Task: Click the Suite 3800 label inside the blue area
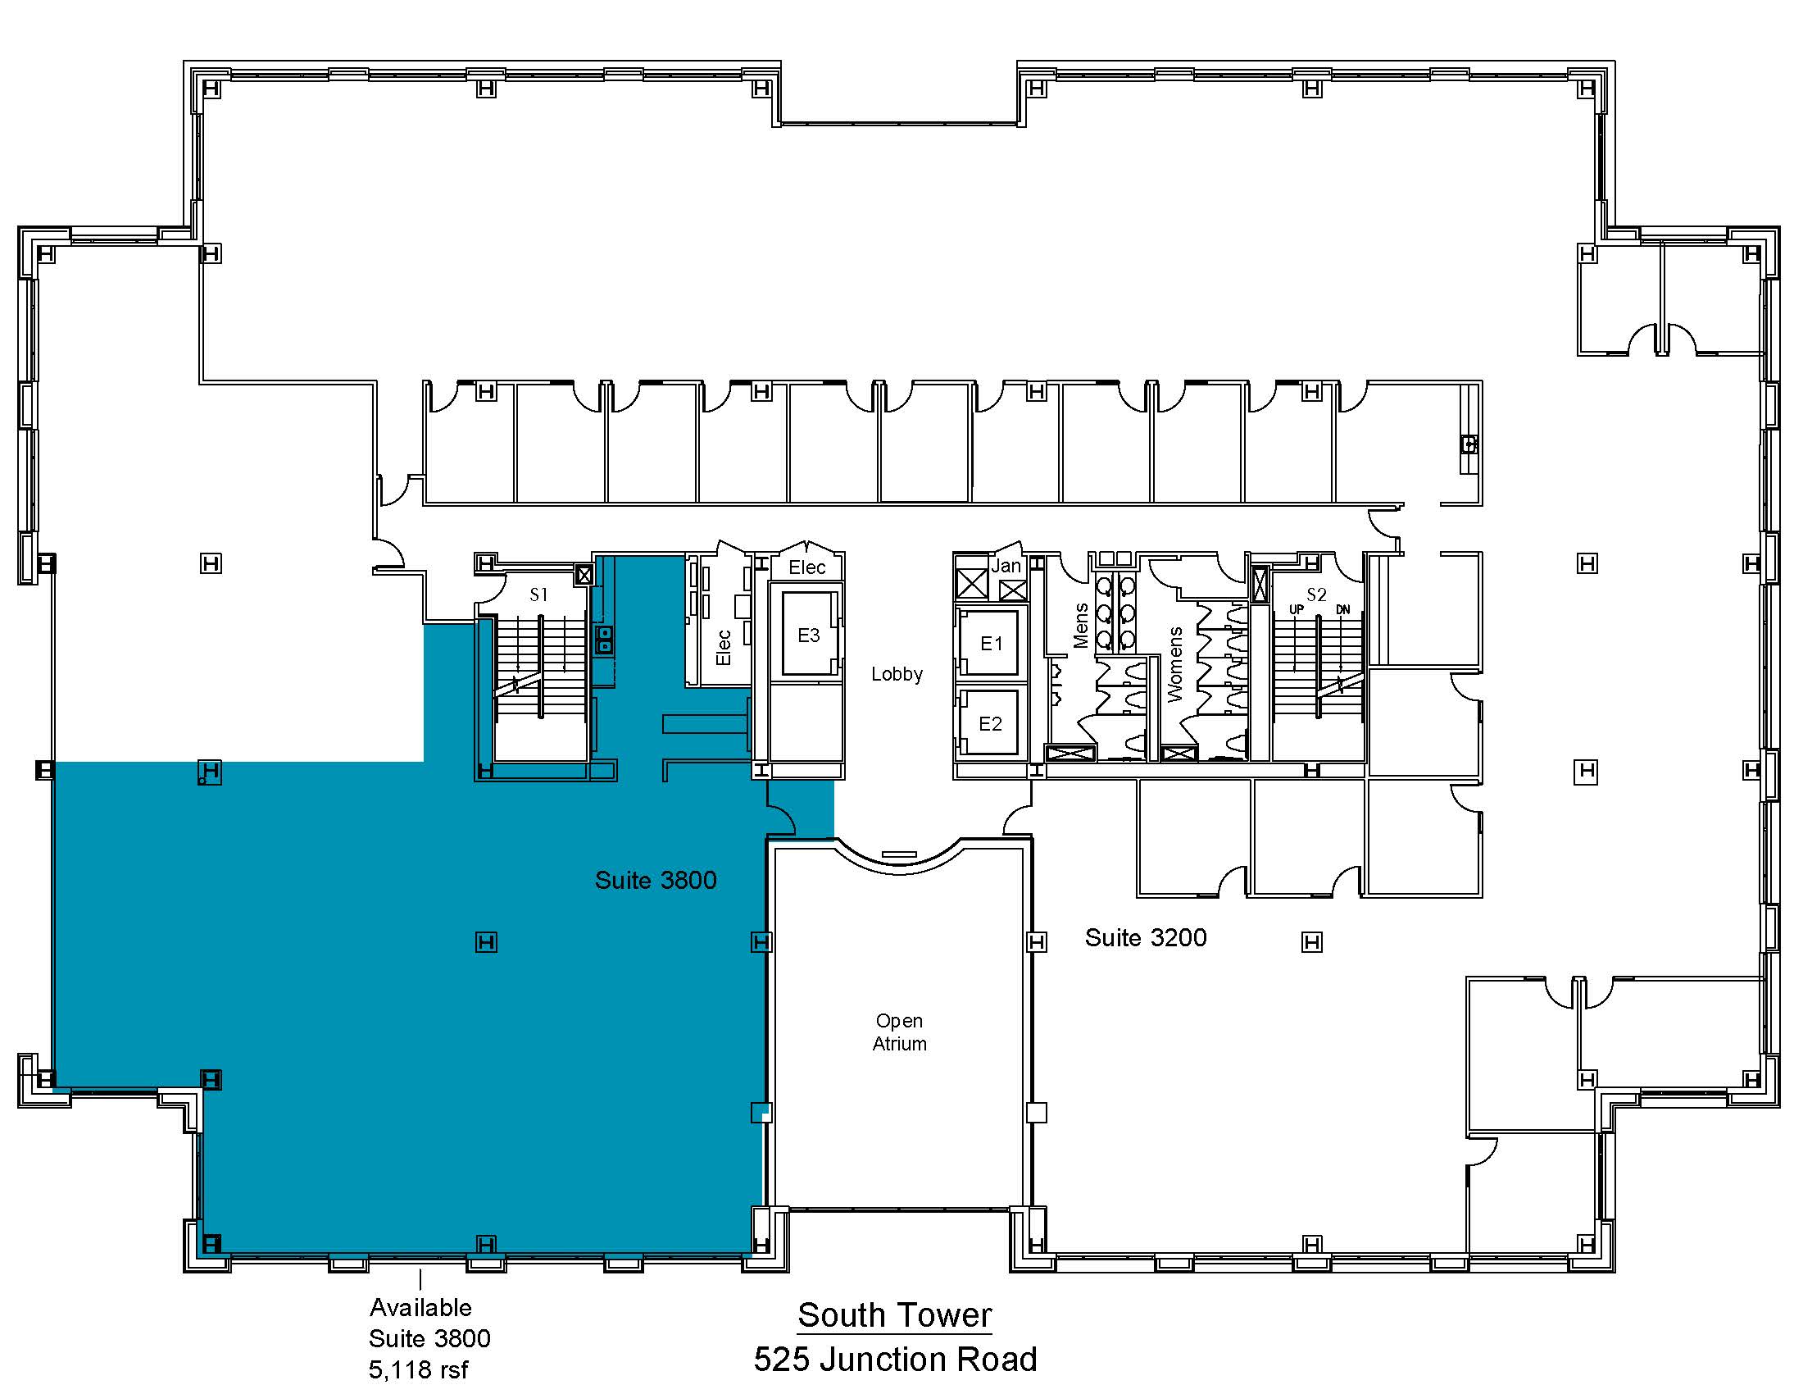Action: (x=656, y=881)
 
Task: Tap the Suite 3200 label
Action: (x=1145, y=937)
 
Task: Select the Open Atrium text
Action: (x=899, y=1032)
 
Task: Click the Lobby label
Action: (x=897, y=674)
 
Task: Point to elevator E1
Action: (x=991, y=644)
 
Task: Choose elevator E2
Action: (x=990, y=724)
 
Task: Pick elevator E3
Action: (x=808, y=635)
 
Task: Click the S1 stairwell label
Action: (x=538, y=594)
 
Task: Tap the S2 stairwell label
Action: (x=1316, y=594)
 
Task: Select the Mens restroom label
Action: (x=1081, y=625)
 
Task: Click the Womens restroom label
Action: (x=1174, y=664)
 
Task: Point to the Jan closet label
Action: (x=1006, y=567)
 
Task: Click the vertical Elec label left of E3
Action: (x=723, y=648)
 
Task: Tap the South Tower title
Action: (x=895, y=1315)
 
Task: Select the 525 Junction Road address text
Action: (x=895, y=1360)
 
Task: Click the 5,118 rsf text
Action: (x=418, y=1370)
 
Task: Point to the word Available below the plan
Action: (x=420, y=1307)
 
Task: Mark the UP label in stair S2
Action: (x=1297, y=609)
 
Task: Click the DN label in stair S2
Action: (x=1343, y=609)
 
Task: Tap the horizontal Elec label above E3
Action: (x=806, y=567)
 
